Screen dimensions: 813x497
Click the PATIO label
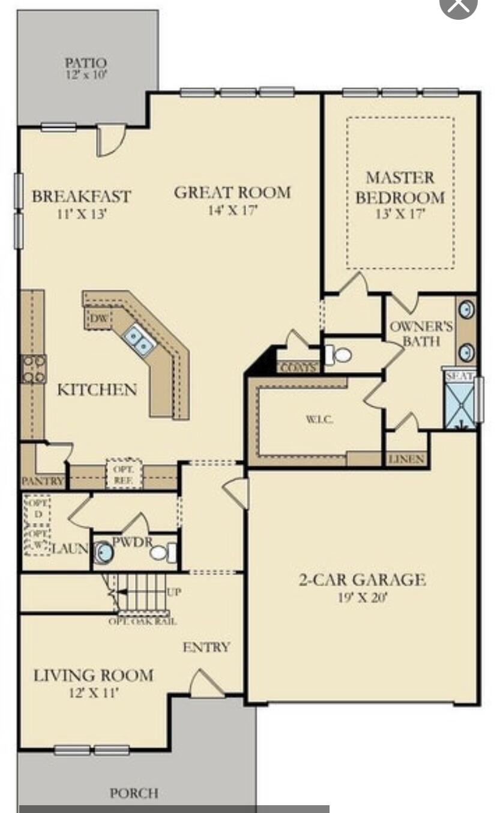86,63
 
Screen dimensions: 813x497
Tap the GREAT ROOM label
232,193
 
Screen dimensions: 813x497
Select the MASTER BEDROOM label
400,187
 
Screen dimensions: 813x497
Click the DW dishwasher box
99,318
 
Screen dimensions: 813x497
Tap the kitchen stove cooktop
34,368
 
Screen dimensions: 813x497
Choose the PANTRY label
43,481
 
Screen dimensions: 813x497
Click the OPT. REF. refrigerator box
124,473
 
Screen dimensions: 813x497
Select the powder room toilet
162,552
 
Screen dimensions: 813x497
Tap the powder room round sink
104,552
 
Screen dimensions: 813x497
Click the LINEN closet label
406,460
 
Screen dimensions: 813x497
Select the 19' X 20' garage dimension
362,598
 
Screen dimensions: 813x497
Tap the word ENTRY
206,647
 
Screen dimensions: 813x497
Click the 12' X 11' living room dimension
93,692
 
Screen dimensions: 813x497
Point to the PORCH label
134,793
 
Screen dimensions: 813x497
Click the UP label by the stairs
175,592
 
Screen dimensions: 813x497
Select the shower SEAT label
460,376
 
